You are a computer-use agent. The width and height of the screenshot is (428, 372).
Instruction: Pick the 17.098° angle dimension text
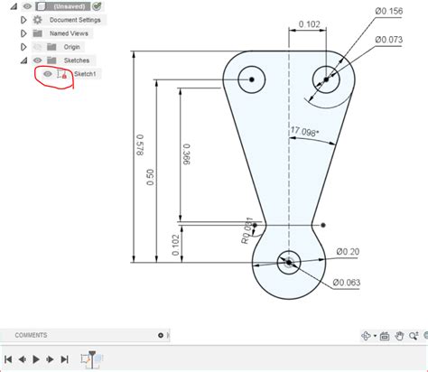(309, 132)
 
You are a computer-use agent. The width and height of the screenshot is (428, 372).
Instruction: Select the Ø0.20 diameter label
(348, 251)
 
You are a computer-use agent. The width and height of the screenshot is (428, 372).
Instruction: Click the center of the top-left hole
(253, 79)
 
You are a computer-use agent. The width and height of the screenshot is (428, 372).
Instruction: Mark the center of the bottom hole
(288, 263)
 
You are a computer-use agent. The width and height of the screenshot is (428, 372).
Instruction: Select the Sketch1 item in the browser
(87, 74)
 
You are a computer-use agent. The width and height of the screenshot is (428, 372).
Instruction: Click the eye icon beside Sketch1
(49, 74)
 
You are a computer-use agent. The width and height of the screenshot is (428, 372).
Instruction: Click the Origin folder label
(72, 46)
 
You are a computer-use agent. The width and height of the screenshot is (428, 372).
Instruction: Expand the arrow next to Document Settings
(23, 19)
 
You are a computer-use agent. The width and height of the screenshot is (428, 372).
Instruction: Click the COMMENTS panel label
(32, 335)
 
